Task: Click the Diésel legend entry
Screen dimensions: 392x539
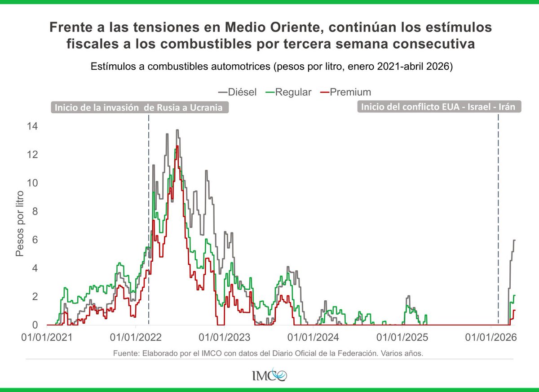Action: pyautogui.click(x=238, y=92)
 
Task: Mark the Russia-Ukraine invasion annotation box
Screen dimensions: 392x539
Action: pyautogui.click(x=139, y=108)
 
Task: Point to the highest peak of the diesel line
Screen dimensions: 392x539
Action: pyautogui.click(x=177, y=130)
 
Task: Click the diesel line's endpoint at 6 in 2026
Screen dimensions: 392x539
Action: pyautogui.click(x=514, y=240)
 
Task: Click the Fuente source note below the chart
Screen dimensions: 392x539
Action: pyautogui.click(x=269, y=353)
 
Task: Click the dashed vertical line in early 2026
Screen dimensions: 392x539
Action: pyautogui.click(x=499, y=216)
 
